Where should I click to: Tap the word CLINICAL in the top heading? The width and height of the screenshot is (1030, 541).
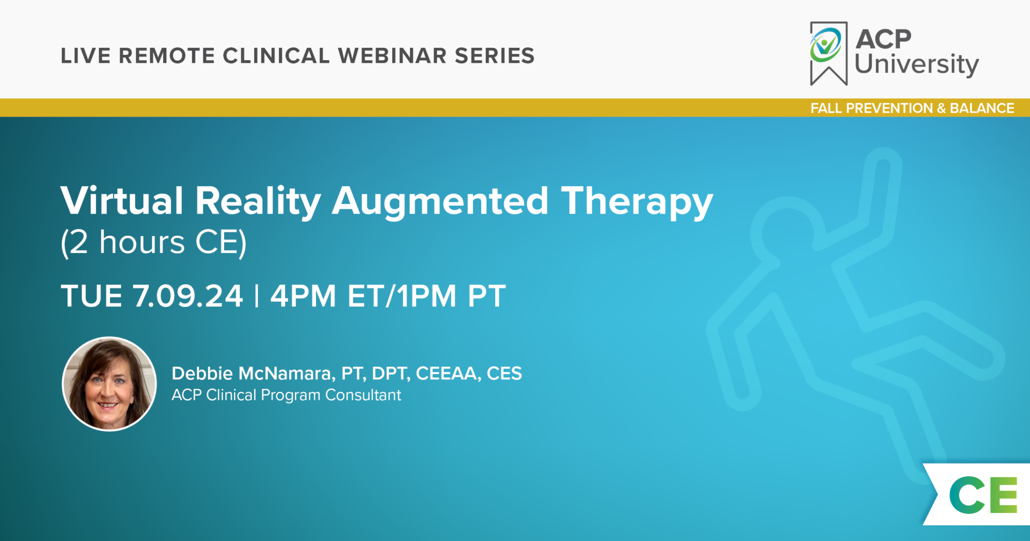276,56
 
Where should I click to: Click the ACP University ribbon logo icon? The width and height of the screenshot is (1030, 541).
828,54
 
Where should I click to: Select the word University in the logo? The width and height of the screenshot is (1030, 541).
916,64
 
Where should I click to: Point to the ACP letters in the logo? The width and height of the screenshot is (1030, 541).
884,39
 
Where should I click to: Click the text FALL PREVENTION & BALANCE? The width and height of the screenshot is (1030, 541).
912,108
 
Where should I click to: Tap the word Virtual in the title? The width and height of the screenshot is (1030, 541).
122,201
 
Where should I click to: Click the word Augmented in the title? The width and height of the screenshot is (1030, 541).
440,202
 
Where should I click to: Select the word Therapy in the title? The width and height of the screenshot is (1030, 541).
637,203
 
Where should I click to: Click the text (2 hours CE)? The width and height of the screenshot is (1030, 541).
154,243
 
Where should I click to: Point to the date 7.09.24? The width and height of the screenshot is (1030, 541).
188,296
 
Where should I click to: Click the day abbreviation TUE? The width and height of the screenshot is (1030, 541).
92,296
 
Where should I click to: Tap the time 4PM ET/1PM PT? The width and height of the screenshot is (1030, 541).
388,296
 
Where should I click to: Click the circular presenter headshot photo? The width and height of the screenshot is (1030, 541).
109,384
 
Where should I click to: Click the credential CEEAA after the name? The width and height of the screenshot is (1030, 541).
448,374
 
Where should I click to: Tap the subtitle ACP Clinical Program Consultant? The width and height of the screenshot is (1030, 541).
286,395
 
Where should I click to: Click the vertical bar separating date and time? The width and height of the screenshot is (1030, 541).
257,296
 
